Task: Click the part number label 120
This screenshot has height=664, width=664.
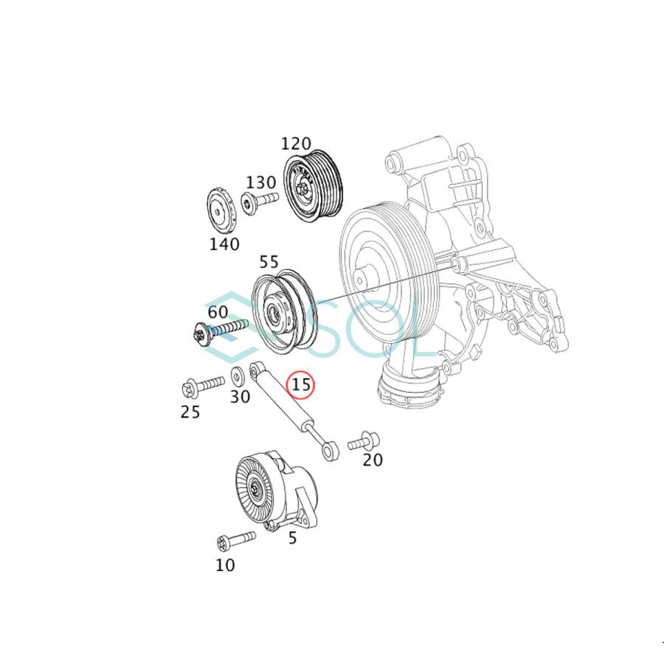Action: click(x=297, y=144)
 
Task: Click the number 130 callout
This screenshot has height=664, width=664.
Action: click(x=261, y=182)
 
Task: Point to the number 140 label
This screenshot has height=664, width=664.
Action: click(x=224, y=244)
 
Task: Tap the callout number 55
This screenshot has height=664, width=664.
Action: click(x=269, y=262)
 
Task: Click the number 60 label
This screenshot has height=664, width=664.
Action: click(x=218, y=313)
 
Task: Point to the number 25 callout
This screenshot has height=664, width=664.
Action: click(x=190, y=412)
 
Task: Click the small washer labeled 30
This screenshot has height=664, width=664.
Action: click(x=238, y=375)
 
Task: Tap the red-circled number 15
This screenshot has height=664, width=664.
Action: click(x=301, y=384)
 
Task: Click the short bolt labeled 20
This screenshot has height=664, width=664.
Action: click(x=363, y=442)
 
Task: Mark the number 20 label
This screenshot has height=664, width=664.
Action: click(x=373, y=460)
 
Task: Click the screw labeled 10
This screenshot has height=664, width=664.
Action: click(x=235, y=542)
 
